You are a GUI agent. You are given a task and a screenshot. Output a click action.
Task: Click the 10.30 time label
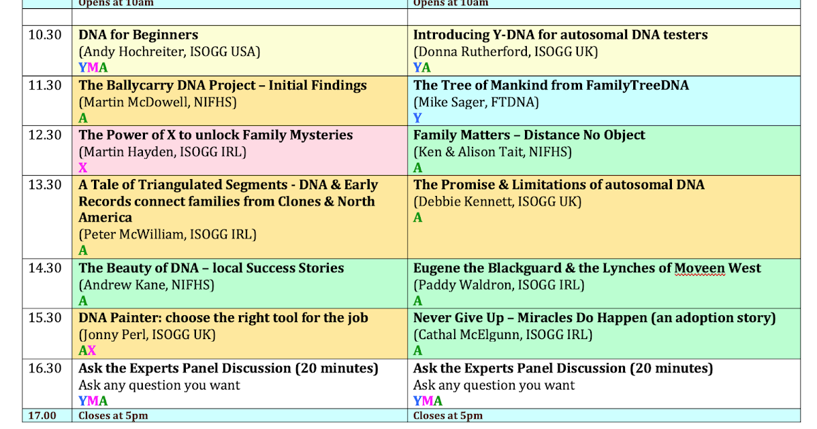point(45,35)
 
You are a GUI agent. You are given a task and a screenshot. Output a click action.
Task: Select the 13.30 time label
point(45,185)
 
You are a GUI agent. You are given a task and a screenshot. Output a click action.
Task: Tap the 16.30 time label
point(45,368)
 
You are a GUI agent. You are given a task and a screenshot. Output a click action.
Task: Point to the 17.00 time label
point(42,415)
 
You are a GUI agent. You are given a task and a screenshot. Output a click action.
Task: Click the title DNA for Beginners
point(138,35)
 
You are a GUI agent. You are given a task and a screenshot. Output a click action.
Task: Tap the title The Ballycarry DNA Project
point(223,85)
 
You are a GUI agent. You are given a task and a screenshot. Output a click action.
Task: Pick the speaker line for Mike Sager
point(476,102)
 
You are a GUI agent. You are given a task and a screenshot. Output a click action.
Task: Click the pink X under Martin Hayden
point(83,168)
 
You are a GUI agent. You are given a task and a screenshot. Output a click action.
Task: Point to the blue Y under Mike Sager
point(417,118)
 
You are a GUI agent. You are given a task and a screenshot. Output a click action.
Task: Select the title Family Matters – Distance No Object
point(529,135)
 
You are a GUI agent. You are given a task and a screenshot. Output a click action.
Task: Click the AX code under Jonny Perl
point(87,351)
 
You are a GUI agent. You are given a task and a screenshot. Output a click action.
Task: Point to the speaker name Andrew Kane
point(120,285)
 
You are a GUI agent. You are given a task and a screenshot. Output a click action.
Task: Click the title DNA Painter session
point(223,318)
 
